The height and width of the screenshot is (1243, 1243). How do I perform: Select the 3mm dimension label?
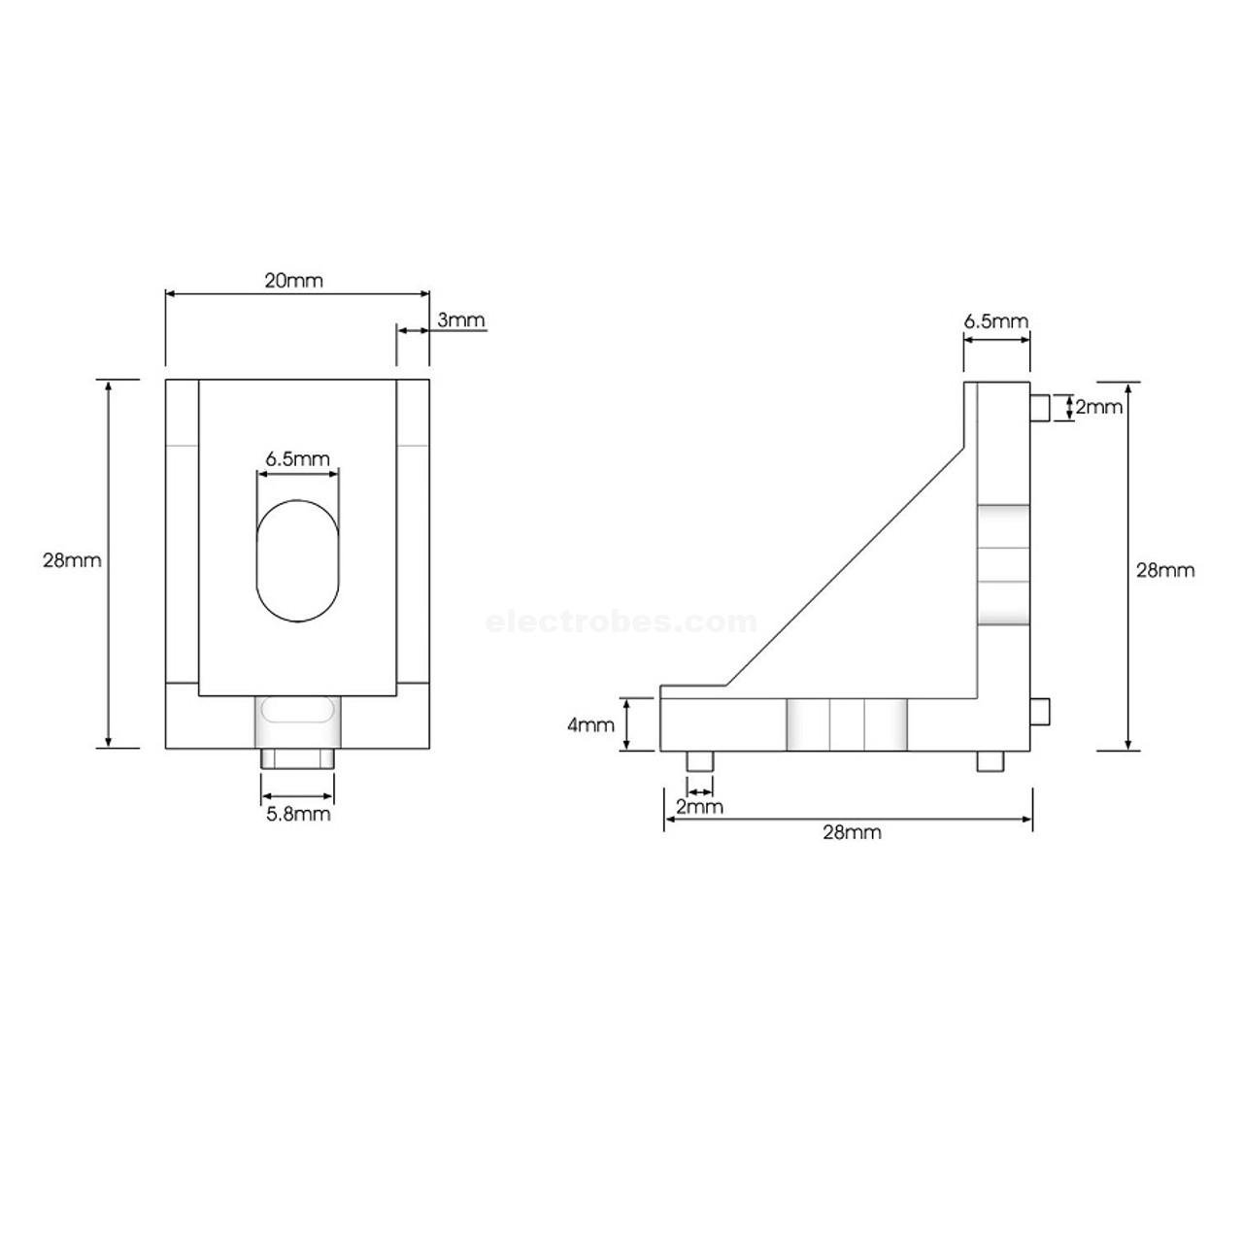(460, 320)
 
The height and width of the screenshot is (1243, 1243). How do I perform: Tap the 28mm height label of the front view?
(72, 560)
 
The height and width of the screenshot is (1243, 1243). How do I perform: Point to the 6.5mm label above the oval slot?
(298, 459)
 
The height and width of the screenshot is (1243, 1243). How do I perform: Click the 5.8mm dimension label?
(298, 814)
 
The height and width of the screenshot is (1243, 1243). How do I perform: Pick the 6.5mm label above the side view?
(995, 321)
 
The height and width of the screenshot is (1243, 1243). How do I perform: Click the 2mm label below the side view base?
(699, 807)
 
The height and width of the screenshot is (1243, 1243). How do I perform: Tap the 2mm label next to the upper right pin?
(1099, 407)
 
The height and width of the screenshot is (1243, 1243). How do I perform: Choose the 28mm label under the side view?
(852, 832)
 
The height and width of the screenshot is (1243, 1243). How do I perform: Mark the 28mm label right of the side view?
(1165, 570)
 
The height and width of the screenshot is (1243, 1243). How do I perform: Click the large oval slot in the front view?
(299, 561)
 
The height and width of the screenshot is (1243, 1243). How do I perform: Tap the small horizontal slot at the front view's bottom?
(298, 714)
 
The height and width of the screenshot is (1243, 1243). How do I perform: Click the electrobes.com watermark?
(621, 621)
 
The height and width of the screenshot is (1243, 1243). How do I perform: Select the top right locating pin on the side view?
(1039, 408)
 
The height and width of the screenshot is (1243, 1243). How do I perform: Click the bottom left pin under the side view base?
(699, 761)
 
